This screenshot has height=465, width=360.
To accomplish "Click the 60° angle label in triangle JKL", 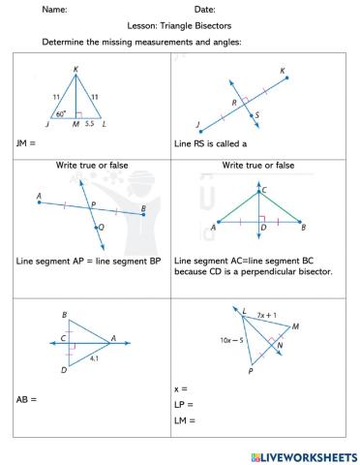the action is [61, 113].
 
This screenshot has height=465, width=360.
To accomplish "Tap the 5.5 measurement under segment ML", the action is [90, 125].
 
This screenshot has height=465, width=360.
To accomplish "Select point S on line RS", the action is [255, 115].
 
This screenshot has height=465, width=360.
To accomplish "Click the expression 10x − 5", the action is [231, 340].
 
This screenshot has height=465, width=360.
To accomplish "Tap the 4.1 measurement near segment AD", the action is [94, 358].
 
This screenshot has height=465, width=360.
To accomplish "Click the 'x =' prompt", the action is [181, 388].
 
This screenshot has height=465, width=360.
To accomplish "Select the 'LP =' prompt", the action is [184, 404].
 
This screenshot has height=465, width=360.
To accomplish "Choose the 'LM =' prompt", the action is [184, 419].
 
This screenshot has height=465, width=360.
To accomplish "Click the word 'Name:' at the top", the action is [54, 10].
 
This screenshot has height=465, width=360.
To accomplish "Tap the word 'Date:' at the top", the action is [204, 10].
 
